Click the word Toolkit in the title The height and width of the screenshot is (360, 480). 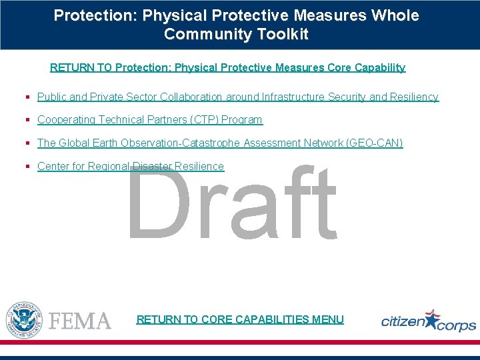point(279,35)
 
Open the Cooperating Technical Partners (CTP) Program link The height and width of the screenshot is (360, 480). point(150,120)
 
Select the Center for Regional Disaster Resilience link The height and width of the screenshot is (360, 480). point(131,167)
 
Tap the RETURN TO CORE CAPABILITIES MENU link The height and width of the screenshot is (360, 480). point(240,319)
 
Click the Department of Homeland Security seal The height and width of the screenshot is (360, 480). point(24,319)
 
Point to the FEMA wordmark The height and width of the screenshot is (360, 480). point(80,321)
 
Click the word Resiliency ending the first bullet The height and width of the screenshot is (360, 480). point(413,97)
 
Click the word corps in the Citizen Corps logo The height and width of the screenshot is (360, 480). point(457,325)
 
